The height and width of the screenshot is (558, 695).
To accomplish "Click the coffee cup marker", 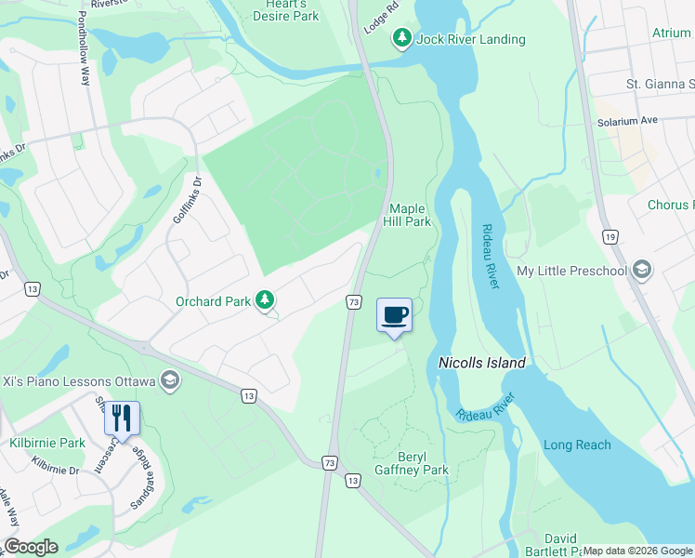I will (394, 314).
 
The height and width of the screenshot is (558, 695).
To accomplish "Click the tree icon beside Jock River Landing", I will (401, 39).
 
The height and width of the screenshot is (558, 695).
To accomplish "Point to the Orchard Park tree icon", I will (266, 299).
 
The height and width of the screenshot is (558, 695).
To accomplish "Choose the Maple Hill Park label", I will (409, 216).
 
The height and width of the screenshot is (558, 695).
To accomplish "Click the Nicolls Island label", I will (481, 363).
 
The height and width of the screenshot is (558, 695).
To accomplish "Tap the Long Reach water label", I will (577, 445).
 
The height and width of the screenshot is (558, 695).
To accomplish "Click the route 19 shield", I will (610, 237).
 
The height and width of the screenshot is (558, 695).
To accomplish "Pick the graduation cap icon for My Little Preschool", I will (641, 271).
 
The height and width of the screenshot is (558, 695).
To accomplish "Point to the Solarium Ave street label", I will (628, 121).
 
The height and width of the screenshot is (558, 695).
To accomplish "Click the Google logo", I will (31, 547).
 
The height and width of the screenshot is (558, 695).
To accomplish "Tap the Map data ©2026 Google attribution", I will (637, 551).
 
